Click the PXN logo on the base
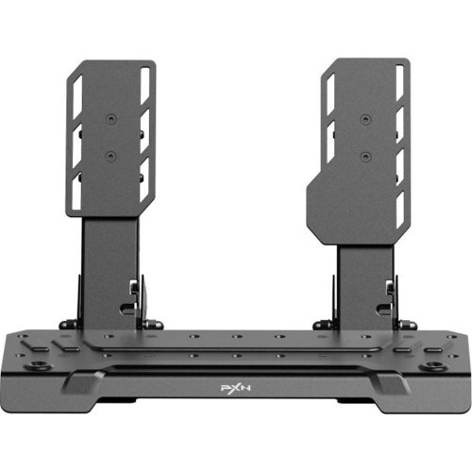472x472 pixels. [x=236, y=388]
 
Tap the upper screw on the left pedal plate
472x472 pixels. [x=110, y=119]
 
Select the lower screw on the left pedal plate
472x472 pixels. [x=110, y=156]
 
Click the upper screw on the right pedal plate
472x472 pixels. [x=365, y=119]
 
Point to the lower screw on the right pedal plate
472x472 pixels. [x=365, y=156]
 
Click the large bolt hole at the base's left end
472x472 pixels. [x=39, y=366]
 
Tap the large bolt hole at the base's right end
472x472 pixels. [x=433, y=366]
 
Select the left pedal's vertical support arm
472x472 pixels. [x=110, y=273]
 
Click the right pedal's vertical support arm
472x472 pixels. [x=365, y=287]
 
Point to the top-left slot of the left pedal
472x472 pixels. [x=77, y=96]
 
